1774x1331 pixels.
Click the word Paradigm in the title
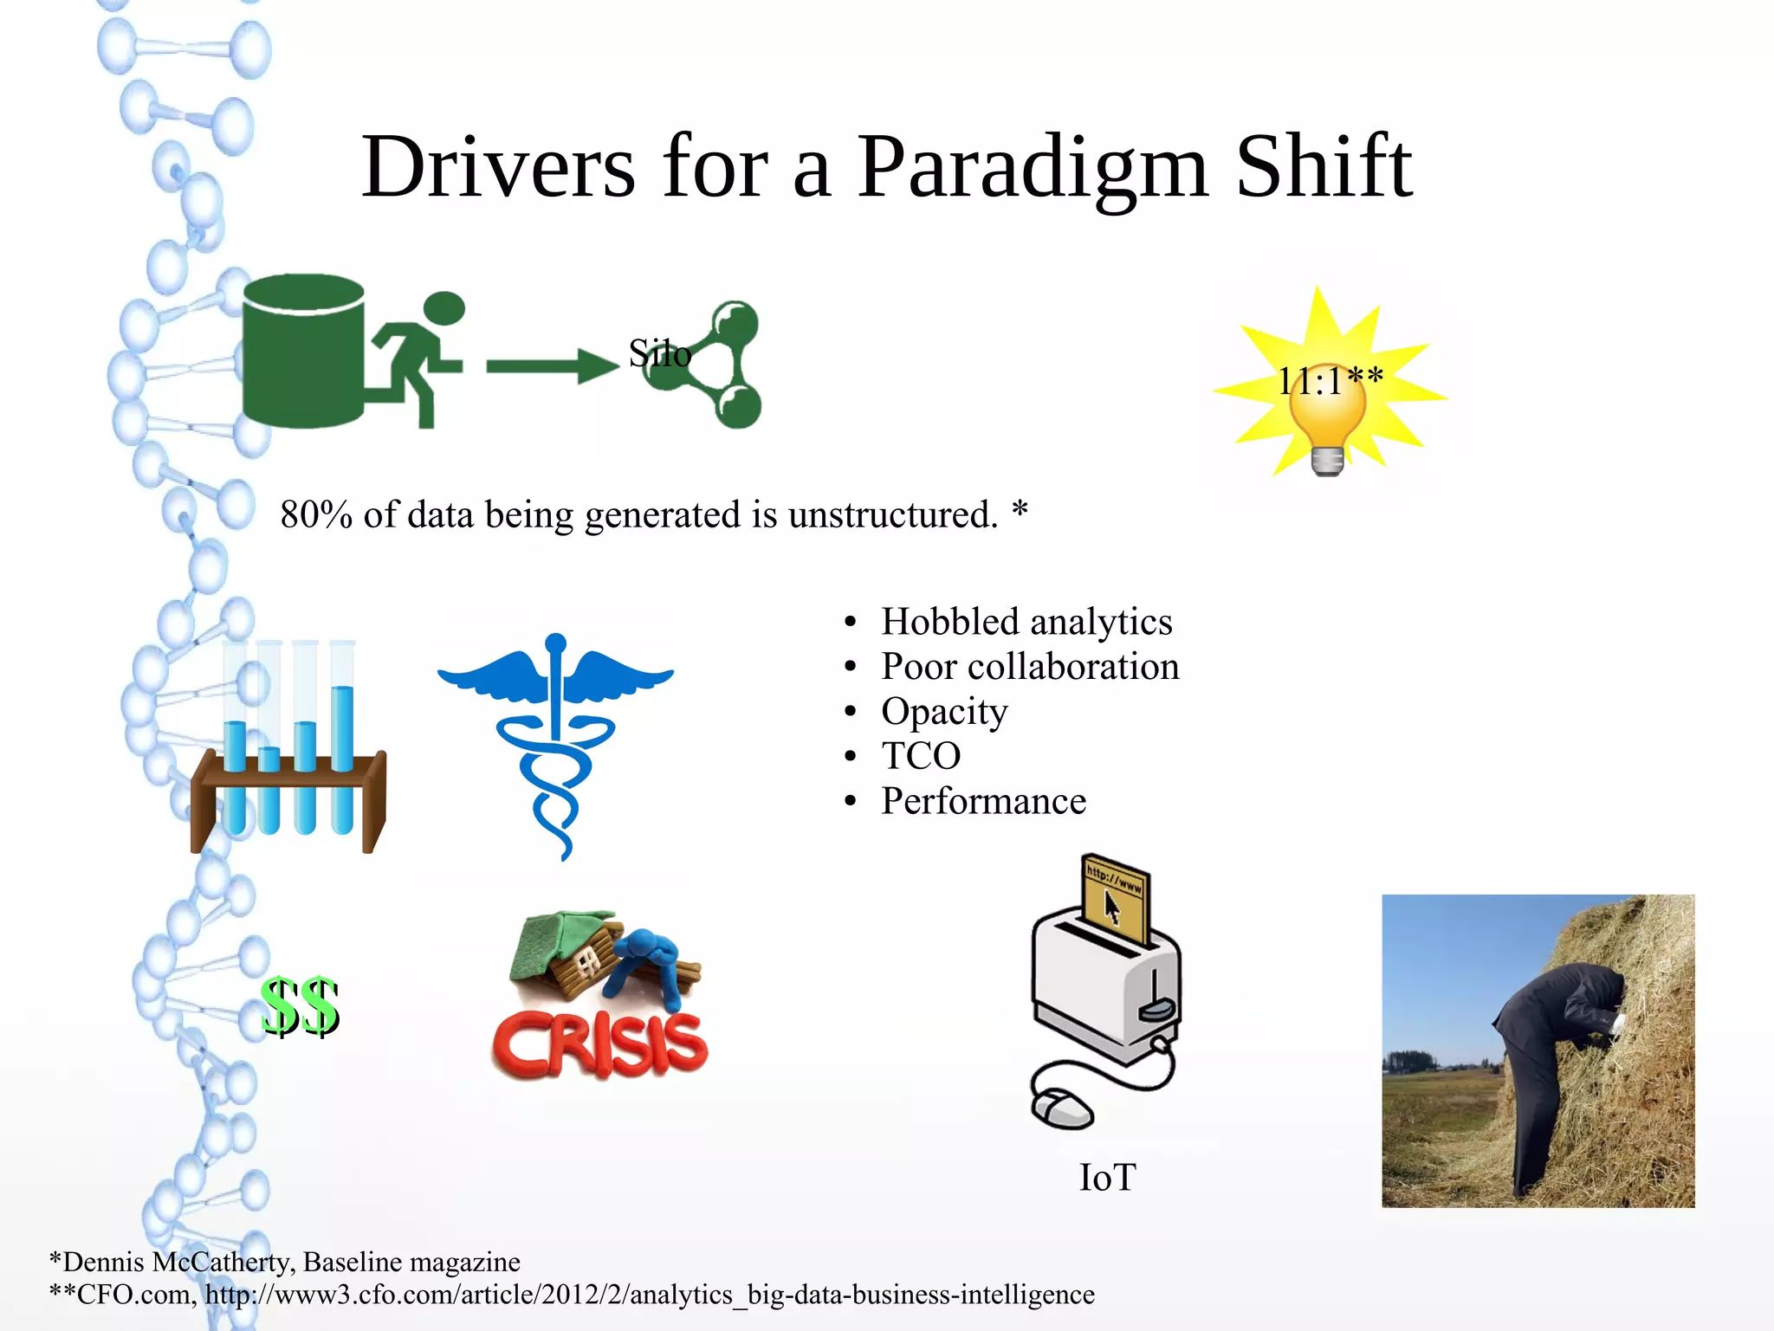pyautogui.click(x=1033, y=169)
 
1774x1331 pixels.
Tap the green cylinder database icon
pyautogui.click(x=302, y=351)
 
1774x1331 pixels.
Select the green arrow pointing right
pyautogui.click(x=551, y=366)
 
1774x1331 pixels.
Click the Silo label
pyautogui.click(x=659, y=353)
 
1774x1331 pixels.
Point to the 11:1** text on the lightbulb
pyautogui.click(x=1330, y=381)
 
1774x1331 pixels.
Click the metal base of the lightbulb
pyautogui.click(x=1327, y=461)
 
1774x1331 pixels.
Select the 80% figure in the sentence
pyautogui.click(x=315, y=514)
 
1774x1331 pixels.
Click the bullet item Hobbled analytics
pyautogui.click(x=1026, y=622)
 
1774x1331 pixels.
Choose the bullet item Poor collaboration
pyautogui.click(x=1029, y=667)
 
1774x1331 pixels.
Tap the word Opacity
pyautogui.click(x=944, y=712)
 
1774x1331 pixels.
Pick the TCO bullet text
pyautogui.click(x=921, y=756)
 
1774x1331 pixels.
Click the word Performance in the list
pyautogui.click(x=983, y=801)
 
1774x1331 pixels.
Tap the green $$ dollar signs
pyautogui.click(x=300, y=1006)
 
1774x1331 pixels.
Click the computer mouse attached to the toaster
pyautogui.click(x=1062, y=1108)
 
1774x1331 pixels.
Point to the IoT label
pyautogui.click(x=1107, y=1178)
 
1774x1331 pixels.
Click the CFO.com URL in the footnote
pyautogui.click(x=650, y=1295)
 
